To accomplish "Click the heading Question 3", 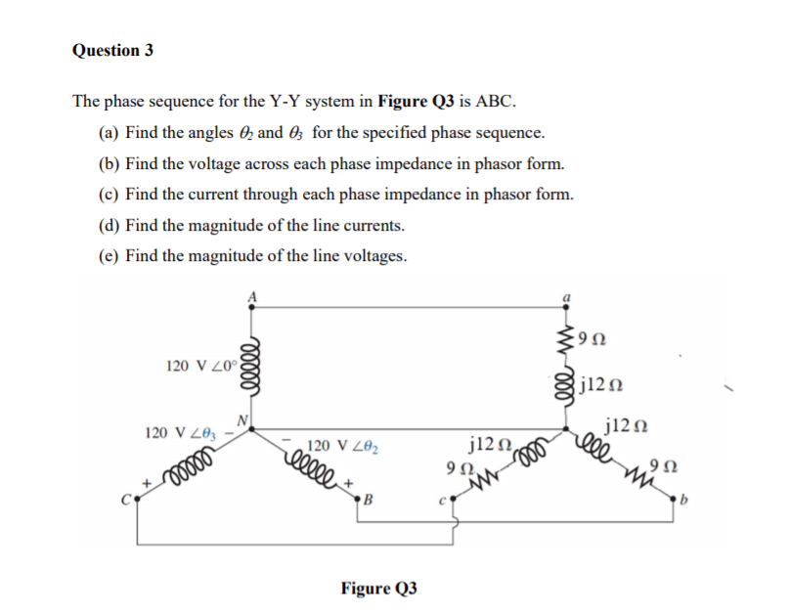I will [x=112, y=50].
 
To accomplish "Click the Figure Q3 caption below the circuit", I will [x=378, y=588].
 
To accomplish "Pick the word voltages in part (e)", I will [x=374, y=256].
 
